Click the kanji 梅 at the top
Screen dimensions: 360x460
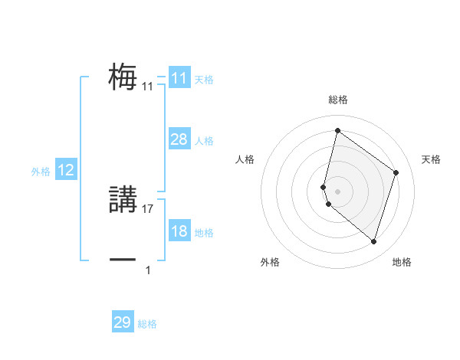pyautogui.click(x=123, y=77)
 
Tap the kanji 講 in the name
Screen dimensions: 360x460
pyautogui.click(x=123, y=200)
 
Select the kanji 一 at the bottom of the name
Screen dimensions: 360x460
pyautogui.click(x=123, y=260)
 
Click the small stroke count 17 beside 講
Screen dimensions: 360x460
pyautogui.click(x=149, y=209)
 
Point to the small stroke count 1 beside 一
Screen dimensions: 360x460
pyautogui.click(x=148, y=270)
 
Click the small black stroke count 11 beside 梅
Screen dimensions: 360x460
pyautogui.click(x=148, y=87)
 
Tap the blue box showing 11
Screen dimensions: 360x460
pyautogui.click(x=179, y=78)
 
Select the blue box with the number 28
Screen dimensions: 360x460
pyautogui.click(x=179, y=139)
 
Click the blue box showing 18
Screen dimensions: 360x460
pyautogui.click(x=179, y=231)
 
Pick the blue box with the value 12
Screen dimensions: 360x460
pyautogui.click(x=66, y=170)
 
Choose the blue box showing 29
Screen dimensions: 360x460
pyautogui.click(x=123, y=322)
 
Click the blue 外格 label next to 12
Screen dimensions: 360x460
pyautogui.click(x=41, y=172)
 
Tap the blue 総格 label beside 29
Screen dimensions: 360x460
pyautogui.click(x=147, y=324)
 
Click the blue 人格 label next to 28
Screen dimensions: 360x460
pyautogui.click(x=204, y=141)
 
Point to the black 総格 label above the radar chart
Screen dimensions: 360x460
pyautogui.click(x=338, y=100)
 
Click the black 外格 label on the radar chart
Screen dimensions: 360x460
pyautogui.click(x=270, y=263)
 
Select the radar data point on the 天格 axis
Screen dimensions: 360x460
pyautogui.click(x=396, y=172)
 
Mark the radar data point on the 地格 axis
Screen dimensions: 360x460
pyautogui.click(x=373, y=241)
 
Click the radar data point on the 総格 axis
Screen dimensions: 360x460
pyautogui.click(x=337, y=130)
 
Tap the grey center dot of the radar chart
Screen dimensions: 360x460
pyautogui.click(x=338, y=191)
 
